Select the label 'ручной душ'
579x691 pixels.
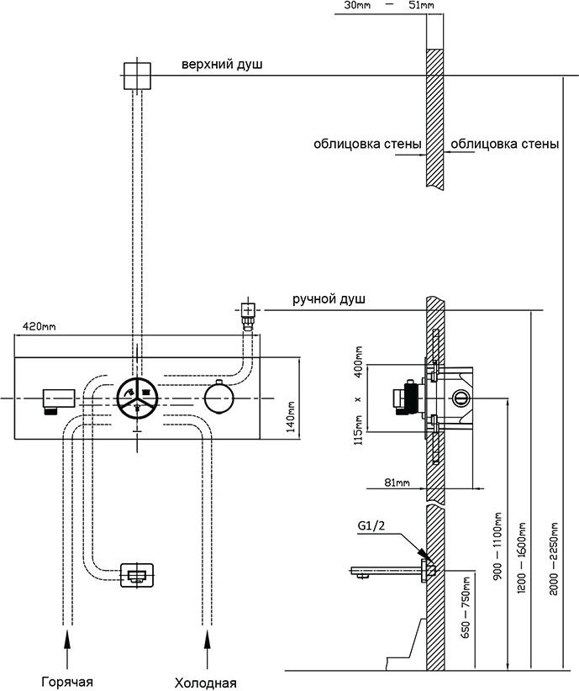point(329,299)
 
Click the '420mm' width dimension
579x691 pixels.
point(39,325)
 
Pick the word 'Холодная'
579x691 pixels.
point(205,682)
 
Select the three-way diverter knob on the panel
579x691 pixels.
point(135,397)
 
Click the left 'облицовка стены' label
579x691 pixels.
point(367,144)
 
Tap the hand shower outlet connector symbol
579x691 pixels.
point(247,313)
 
